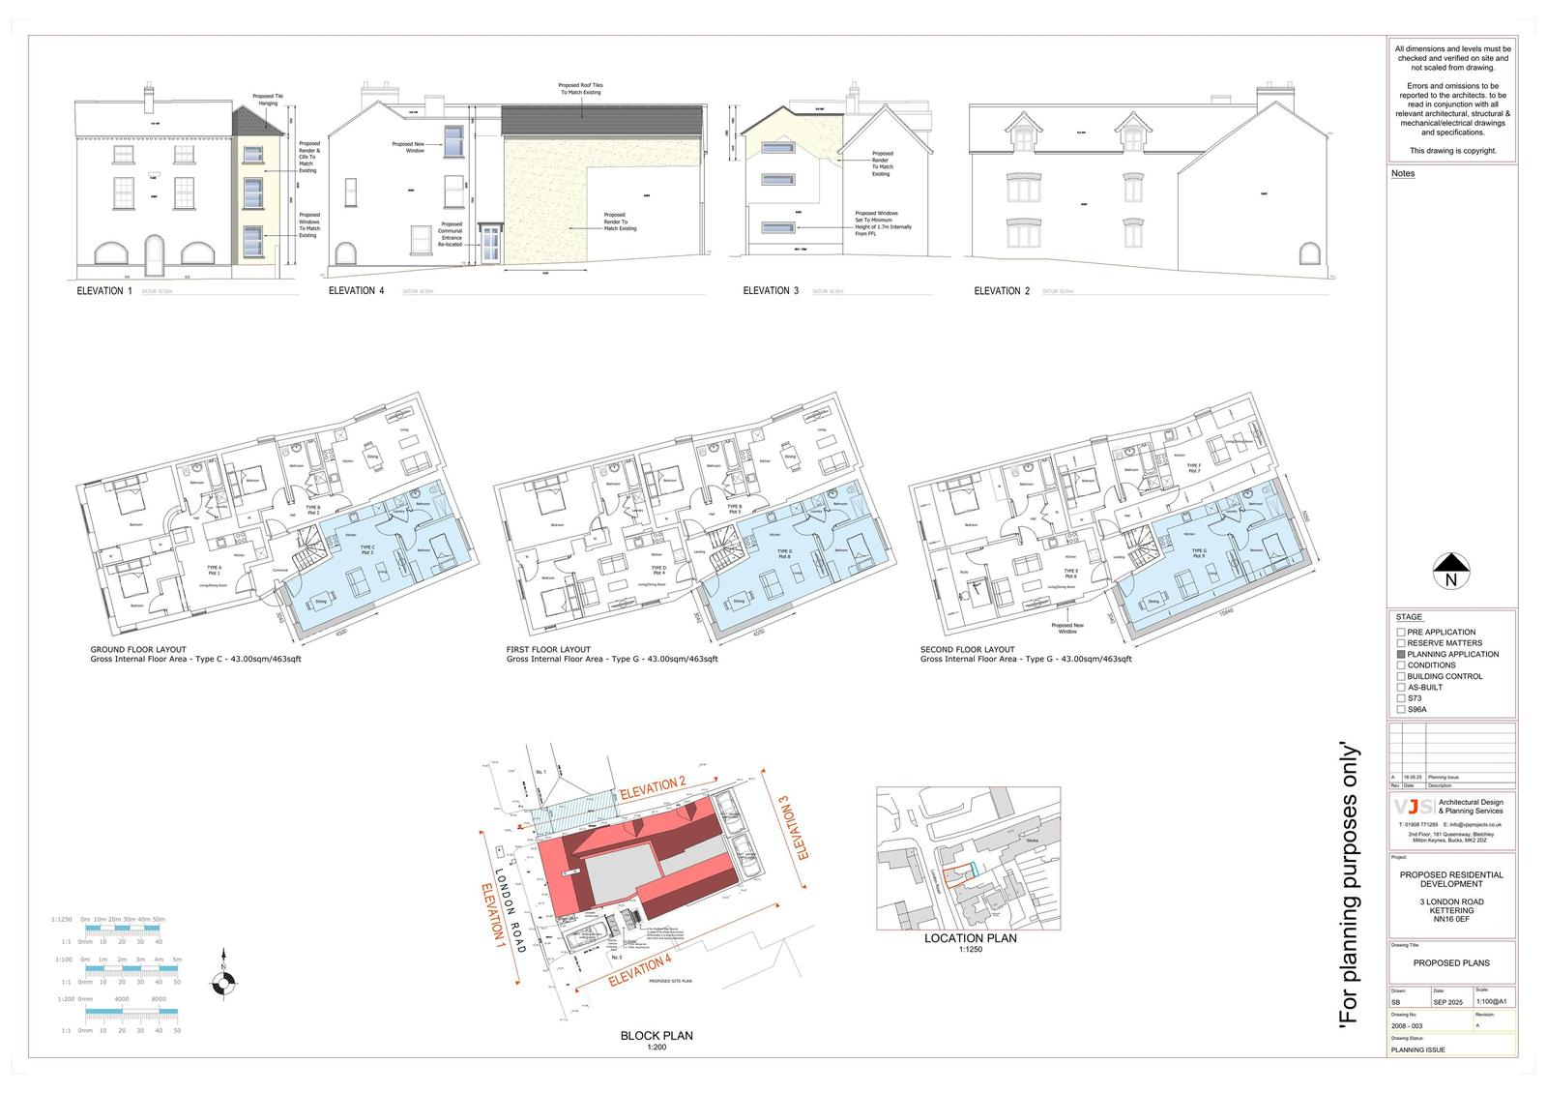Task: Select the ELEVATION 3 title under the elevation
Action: (771, 291)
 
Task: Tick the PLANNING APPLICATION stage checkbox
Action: (1401, 655)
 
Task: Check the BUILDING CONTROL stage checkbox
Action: (1401, 676)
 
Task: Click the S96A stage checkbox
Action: (1401, 710)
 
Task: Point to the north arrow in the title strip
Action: (1450, 571)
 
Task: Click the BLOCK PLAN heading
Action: (657, 1036)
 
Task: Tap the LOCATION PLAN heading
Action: (970, 938)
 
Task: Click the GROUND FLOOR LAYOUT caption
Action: (138, 650)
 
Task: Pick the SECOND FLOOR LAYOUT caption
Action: (968, 650)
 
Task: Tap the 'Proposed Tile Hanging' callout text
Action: (268, 100)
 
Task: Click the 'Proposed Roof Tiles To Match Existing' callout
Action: (580, 89)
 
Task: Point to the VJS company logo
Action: (1414, 807)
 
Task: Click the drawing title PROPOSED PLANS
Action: (1451, 963)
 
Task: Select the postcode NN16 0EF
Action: (1451, 920)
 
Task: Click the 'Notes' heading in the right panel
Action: (1403, 174)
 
